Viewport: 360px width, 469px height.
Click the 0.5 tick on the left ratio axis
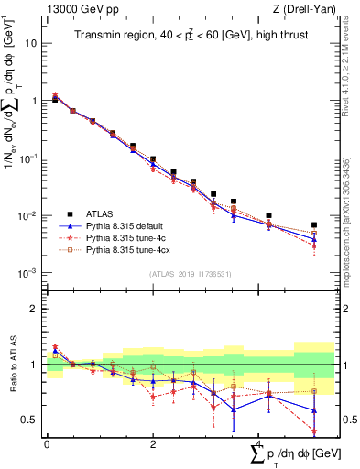tap(32, 420)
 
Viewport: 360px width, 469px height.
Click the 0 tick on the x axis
tap(47, 444)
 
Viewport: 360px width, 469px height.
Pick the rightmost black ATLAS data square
tap(314, 224)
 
